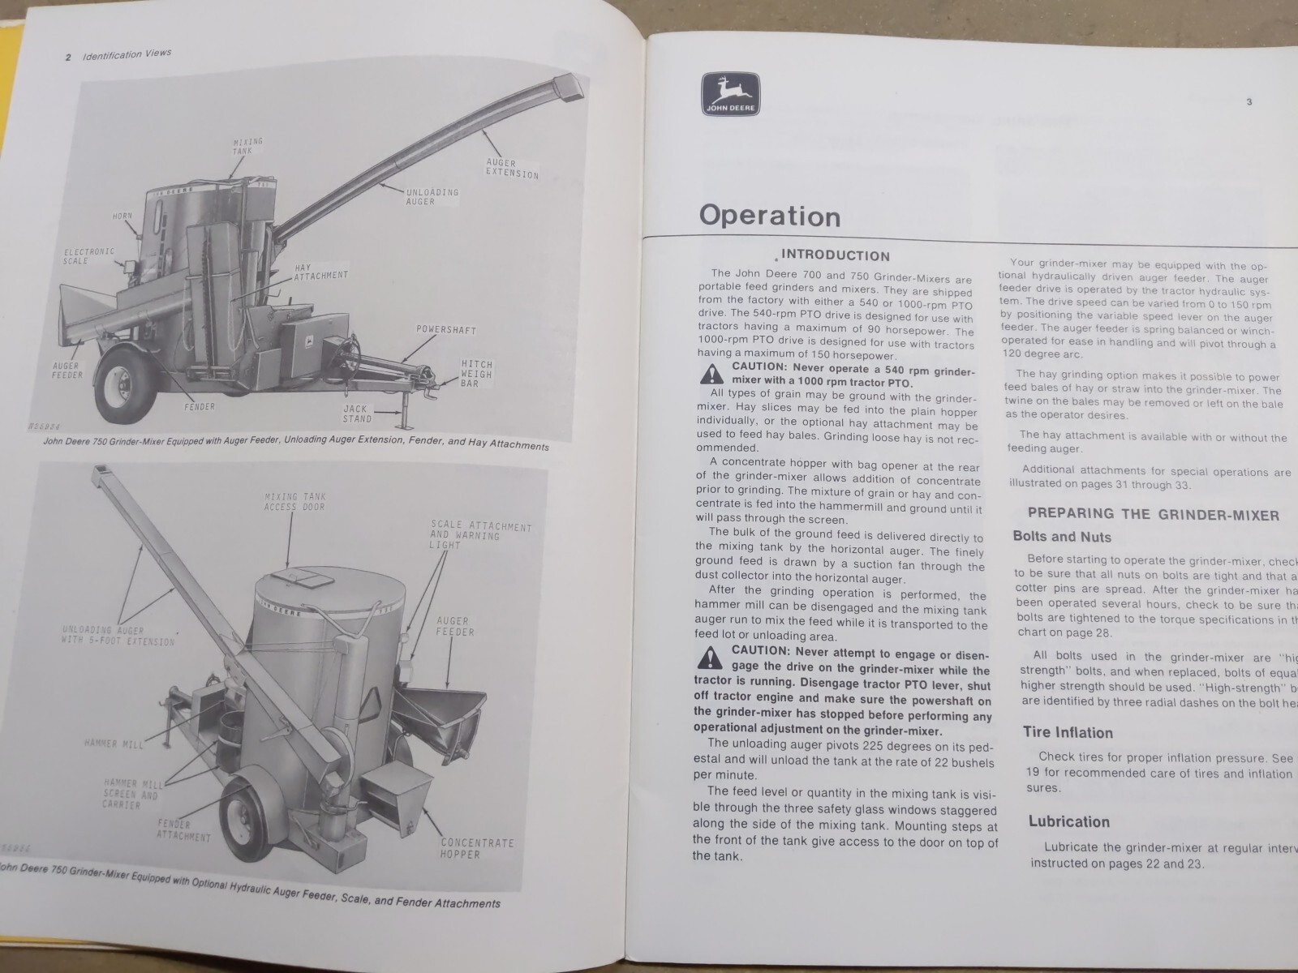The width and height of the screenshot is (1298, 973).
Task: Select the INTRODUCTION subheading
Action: point(835,255)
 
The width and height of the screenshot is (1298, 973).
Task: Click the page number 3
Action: point(1249,102)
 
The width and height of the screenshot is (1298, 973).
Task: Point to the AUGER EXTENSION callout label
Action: point(512,169)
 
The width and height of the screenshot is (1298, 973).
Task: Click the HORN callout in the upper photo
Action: point(122,216)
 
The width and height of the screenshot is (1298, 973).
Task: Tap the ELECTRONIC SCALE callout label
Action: point(88,256)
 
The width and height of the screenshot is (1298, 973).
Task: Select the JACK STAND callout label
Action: point(356,414)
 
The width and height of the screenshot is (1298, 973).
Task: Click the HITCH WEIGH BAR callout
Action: point(477,374)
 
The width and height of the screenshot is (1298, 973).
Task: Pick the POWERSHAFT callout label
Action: point(446,330)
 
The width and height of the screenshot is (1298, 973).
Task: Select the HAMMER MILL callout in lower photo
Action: point(113,743)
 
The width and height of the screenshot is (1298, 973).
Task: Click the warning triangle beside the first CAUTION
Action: point(711,374)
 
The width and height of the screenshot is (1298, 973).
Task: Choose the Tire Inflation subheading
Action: point(1067,732)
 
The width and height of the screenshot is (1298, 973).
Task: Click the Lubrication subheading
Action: point(1068,821)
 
